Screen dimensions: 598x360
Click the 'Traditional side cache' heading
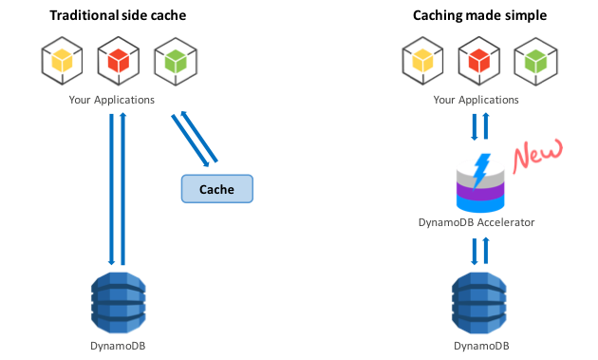point(118,15)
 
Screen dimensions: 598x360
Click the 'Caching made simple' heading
point(479,15)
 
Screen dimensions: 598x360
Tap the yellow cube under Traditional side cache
point(62,61)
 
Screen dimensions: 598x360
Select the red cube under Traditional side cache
point(119,61)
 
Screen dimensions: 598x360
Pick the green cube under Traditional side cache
point(176,61)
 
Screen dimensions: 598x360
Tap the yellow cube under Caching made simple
point(422,61)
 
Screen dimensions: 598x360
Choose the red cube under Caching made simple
point(479,61)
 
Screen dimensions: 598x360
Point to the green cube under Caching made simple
point(536,61)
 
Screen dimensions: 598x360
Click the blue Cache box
point(217,189)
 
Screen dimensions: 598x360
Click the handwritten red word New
point(538,156)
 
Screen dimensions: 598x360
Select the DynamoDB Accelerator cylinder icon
point(480,183)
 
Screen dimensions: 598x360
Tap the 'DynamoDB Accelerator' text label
point(477,222)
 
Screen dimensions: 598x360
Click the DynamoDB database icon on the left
point(119,302)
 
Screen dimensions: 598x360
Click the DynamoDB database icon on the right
point(479,302)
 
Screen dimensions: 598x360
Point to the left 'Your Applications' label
point(112,100)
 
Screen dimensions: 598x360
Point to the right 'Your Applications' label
point(476,100)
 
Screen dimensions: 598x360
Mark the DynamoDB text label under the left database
point(118,346)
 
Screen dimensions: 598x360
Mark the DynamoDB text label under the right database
point(481,346)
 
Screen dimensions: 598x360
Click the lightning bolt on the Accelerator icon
point(481,171)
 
